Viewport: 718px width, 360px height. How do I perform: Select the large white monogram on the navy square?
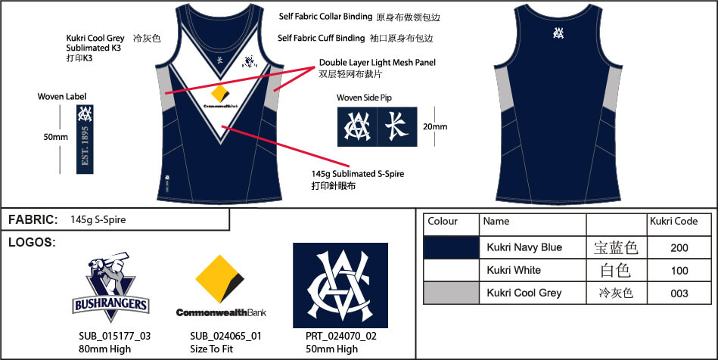click(340, 284)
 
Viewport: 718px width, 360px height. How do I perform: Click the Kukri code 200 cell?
click(679, 247)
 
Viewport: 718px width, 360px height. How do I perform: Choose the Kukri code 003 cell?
click(679, 293)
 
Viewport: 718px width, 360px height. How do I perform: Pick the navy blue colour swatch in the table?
click(451, 247)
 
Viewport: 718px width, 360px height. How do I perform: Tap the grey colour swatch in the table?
click(451, 293)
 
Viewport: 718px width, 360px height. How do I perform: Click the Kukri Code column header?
click(673, 222)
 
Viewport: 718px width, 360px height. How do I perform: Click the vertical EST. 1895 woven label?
click(82, 139)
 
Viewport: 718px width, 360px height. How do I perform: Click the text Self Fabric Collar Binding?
click(325, 16)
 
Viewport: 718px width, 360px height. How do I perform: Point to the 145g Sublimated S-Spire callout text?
click(357, 174)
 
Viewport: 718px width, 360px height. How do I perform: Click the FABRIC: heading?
click(33, 220)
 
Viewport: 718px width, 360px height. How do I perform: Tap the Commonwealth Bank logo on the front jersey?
click(219, 98)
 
